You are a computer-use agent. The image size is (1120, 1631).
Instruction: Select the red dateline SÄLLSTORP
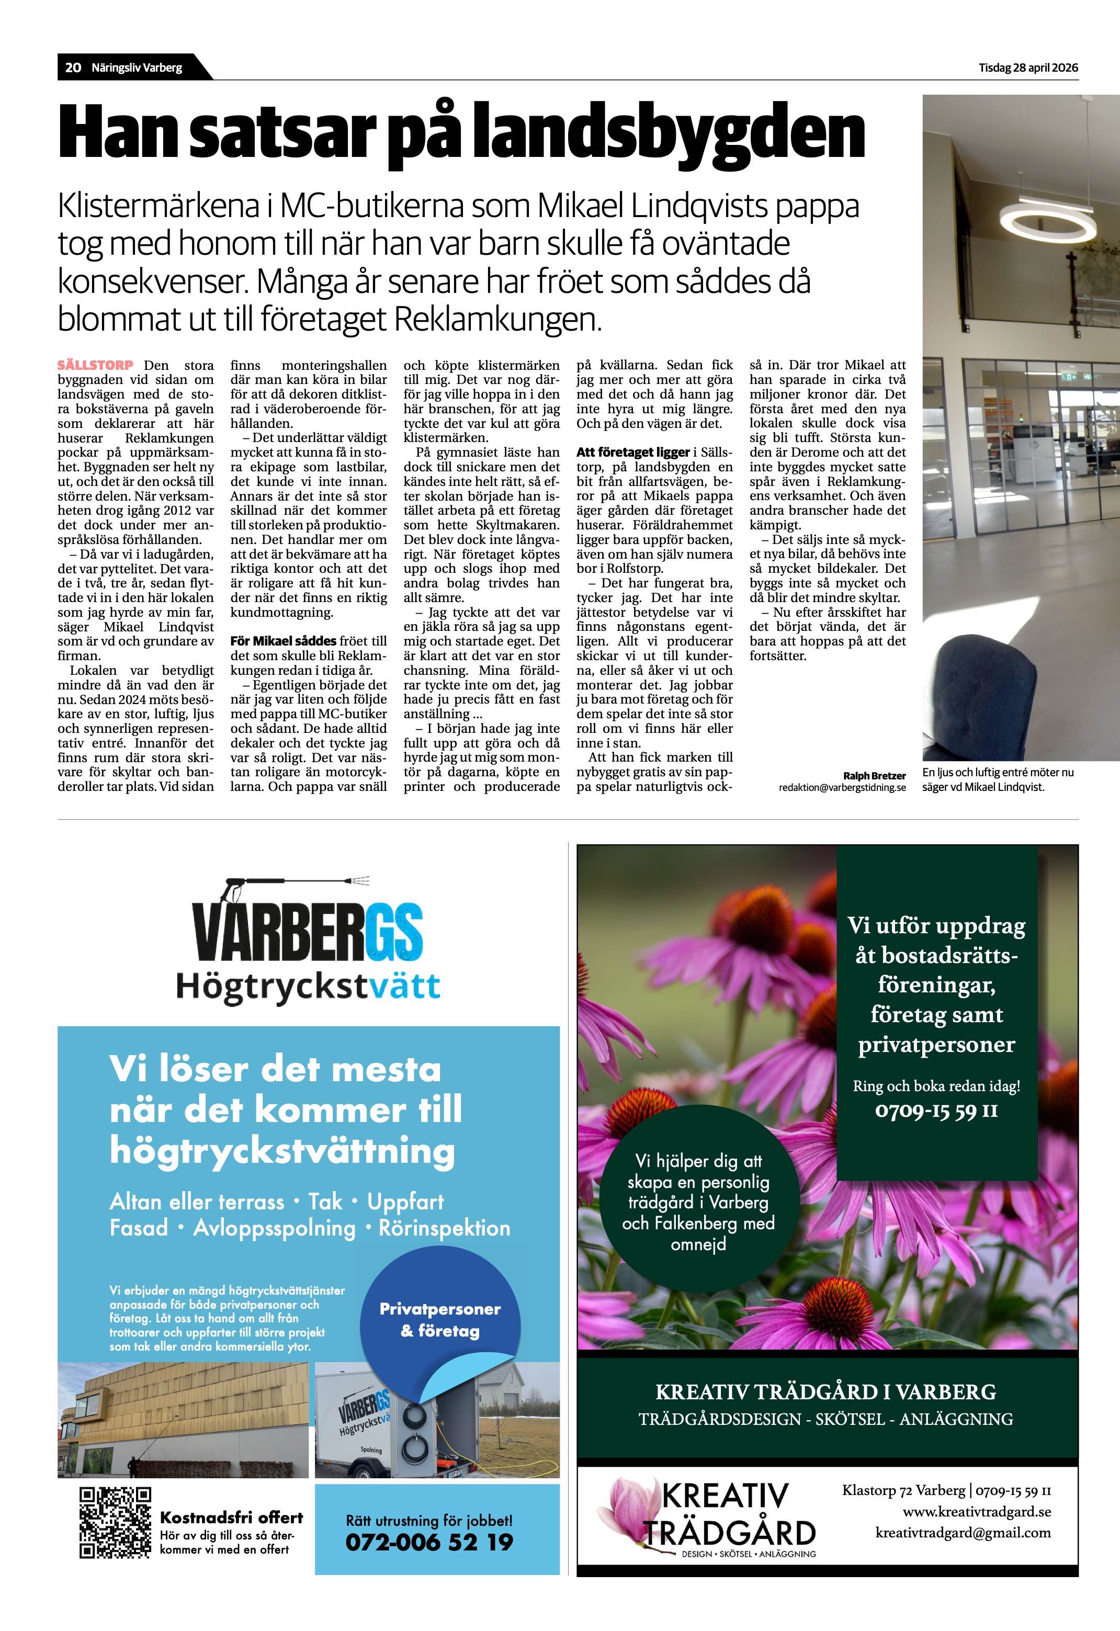pos(95,365)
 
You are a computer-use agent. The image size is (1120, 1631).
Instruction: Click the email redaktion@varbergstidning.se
pos(842,787)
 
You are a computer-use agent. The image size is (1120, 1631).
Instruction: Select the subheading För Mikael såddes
pos(284,641)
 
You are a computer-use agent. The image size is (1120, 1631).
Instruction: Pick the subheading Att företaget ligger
pos(633,452)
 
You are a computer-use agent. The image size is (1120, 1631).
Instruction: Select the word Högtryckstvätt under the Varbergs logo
pos(308,986)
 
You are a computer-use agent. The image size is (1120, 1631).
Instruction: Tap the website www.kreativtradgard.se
pos(976,1511)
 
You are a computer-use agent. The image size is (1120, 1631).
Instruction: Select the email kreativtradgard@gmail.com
pos(963,1532)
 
